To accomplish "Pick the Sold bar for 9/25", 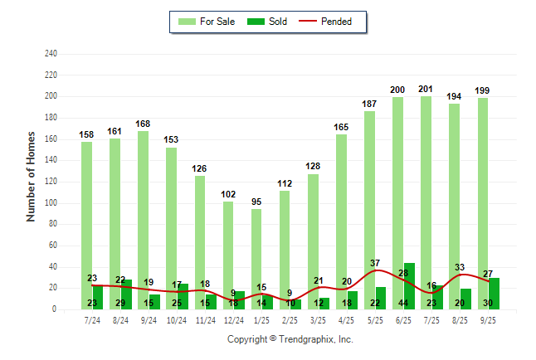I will pos(495,289).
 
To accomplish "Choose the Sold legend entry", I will pos(277,22).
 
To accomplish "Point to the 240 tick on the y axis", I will pos(51,54).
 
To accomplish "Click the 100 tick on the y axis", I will pos(51,203).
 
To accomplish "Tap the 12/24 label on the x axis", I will pos(234,319).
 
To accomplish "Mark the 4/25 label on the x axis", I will pos(348,319).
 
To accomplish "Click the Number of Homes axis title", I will pos(32,176).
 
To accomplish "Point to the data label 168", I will pos(144,124).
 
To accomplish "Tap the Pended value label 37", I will pos(375,263).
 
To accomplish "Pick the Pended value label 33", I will pos(460,267).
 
